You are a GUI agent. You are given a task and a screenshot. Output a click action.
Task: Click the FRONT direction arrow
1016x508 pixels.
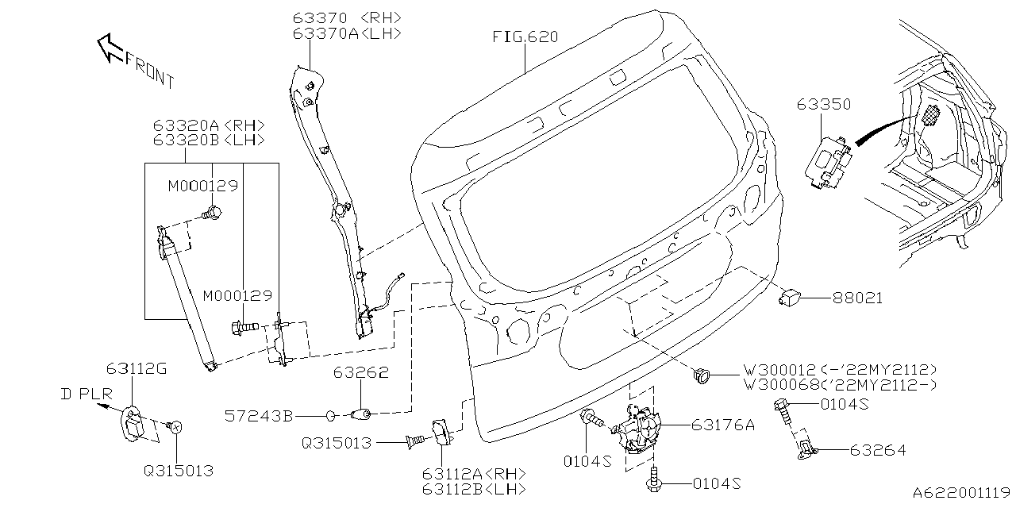click(110, 48)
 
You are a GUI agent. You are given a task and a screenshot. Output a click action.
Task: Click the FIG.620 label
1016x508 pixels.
click(525, 37)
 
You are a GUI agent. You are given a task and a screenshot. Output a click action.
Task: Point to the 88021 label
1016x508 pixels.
click(857, 298)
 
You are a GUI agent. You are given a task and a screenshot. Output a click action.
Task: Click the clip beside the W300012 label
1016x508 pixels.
click(701, 376)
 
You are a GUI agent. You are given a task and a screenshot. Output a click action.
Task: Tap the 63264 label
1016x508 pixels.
click(877, 450)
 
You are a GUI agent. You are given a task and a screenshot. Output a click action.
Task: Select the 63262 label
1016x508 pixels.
click(360, 372)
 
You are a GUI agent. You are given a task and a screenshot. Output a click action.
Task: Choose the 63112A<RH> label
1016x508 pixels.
click(473, 474)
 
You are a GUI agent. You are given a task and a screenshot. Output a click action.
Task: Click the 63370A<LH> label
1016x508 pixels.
click(345, 33)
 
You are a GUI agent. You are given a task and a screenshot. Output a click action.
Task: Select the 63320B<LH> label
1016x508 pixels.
click(210, 140)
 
